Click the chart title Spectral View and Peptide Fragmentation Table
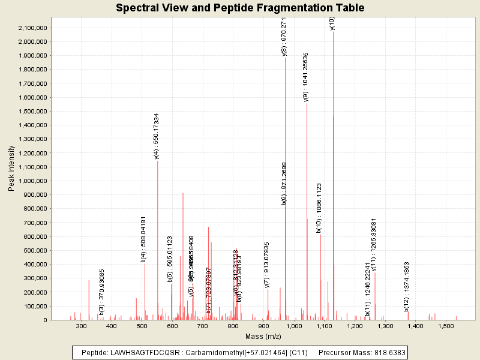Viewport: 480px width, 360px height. pyautogui.click(x=240, y=8)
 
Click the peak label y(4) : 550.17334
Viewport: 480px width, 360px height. pyautogui.click(x=157, y=136)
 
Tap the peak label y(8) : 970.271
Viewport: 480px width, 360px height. pyautogui.click(x=284, y=36)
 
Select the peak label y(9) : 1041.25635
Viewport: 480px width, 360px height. pyautogui.click(x=306, y=77)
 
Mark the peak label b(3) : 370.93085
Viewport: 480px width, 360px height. pyautogui.click(x=101, y=292)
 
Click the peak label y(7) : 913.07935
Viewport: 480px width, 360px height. pyautogui.click(x=267, y=265)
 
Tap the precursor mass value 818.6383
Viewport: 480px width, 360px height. pyautogui.click(x=385, y=353)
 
